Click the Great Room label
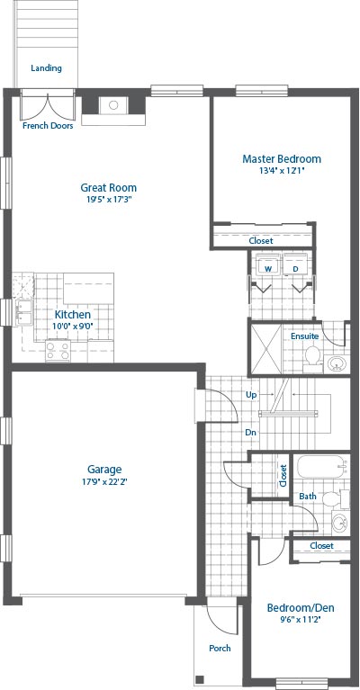pyautogui.click(x=108, y=187)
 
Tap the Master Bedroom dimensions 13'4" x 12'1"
pyautogui.click(x=282, y=170)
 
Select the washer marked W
pyautogui.click(x=267, y=264)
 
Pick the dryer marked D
pyautogui.click(x=296, y=264)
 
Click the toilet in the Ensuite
pyautogui.click(x=313, y=356)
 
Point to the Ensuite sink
pyautogui.click(x=337, y=363)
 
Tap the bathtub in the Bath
pyautogui.click(x=321, y=467)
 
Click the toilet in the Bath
pyautogui.click(x=334, y=498)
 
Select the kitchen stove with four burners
pyautogui.click(x=58, y=351)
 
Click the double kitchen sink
pyautogui.click(x=23, y=312)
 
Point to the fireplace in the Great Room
pyautogui.click(x=113, y=108)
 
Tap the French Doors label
pyautogui.click(x=48, y=126)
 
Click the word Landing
pyautogui.click(x=46, y=68)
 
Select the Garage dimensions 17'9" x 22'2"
pyautogui.click(x=103, y=481)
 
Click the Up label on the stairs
pyautogui.click(x=251, y=395)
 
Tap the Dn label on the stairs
pyautogui.click(x=251, y=433)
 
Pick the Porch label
pyautogui.click(x=220, y=648)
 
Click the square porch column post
pyautogui.click(x=200, y=678)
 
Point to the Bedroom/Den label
pyautogui.click(x=301, y=608)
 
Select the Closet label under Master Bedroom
pyautogui.click(x=261, y=241)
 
